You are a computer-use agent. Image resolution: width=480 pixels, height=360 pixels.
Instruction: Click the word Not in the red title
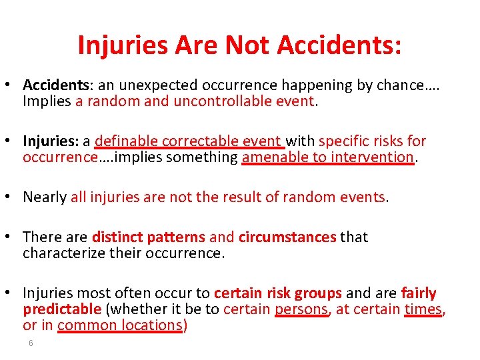coord(248,45)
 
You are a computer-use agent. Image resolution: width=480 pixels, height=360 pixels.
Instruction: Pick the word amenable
coord(270,157)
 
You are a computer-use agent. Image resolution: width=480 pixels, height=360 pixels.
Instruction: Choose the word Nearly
coord(45,197)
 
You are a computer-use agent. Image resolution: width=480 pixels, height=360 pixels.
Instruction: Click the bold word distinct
coord(117,237)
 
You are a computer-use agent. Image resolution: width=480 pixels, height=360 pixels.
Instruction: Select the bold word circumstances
coord(287,237)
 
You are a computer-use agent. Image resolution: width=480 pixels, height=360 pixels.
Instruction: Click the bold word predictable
coord(62,309)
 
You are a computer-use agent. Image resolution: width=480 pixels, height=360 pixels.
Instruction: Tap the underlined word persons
coord(301,309)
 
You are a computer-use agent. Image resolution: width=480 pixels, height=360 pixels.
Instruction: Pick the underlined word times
coord(423,309)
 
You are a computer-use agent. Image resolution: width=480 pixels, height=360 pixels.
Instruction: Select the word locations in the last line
coord(151,325)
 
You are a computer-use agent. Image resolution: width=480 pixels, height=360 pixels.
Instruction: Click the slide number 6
coord(31,343)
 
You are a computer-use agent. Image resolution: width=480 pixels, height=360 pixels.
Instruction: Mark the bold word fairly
coord(419,293)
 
